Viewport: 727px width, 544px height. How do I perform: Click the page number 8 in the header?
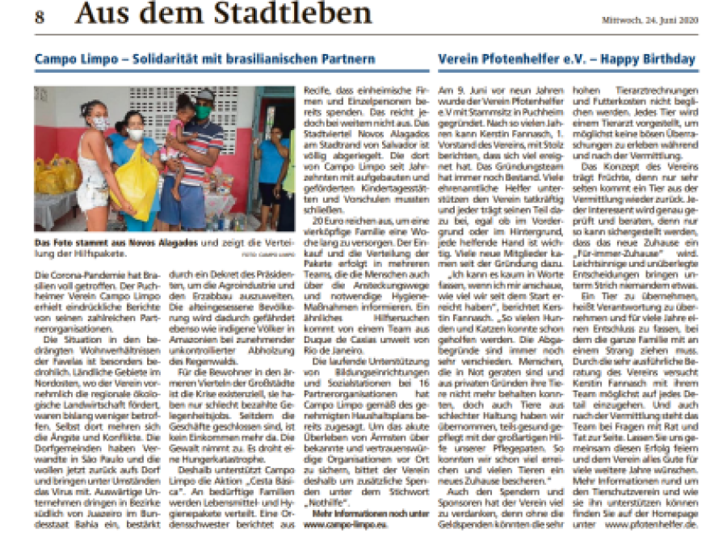tap(40, 17)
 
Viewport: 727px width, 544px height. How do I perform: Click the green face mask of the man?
tap(204, 112)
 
